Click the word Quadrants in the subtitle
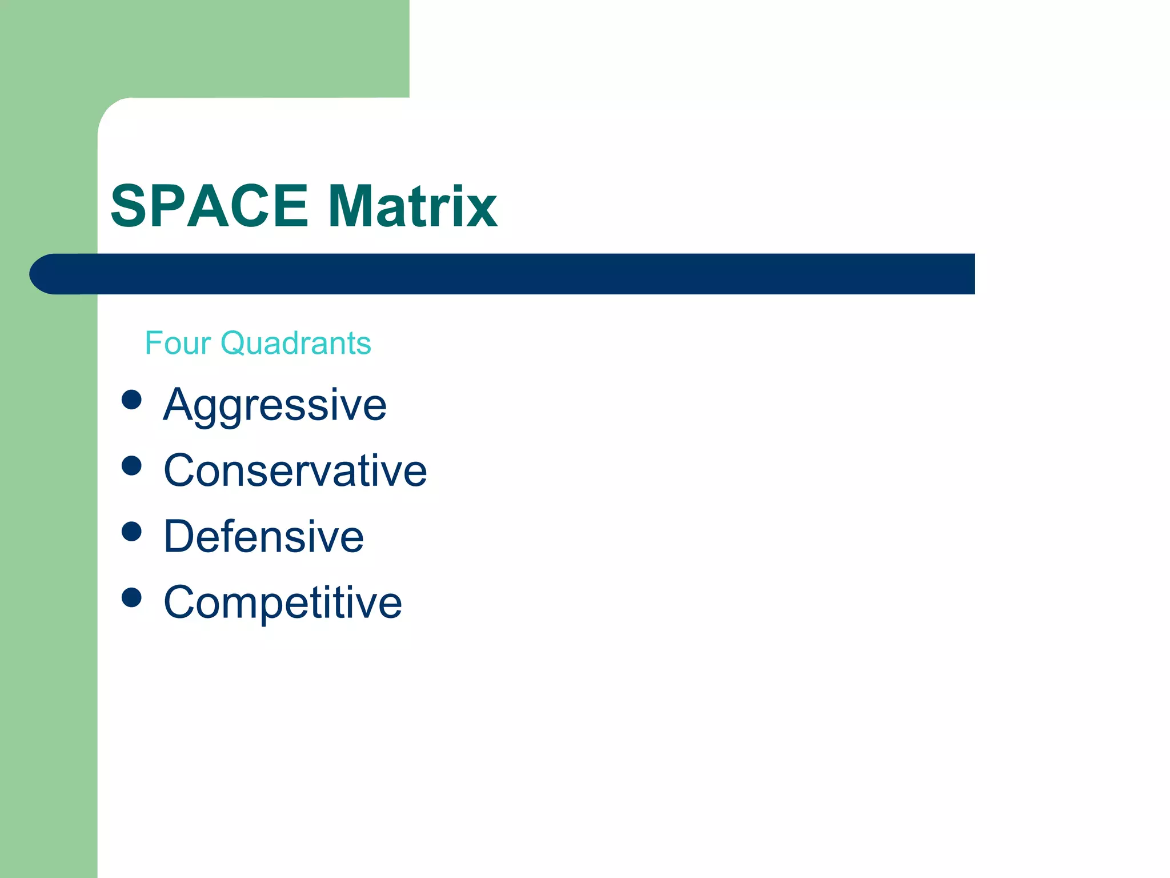[x=296, y=344]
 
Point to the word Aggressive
[x=275, y=405]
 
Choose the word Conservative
[x=295, y=470]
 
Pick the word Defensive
[x=263, y=536]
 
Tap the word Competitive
[x=283, y=602]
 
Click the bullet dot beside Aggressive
[x=131, y=400]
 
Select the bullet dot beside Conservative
[x=131, y=465]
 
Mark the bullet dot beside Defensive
[x=131, y=531]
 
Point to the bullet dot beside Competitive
[x=131, y=597]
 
